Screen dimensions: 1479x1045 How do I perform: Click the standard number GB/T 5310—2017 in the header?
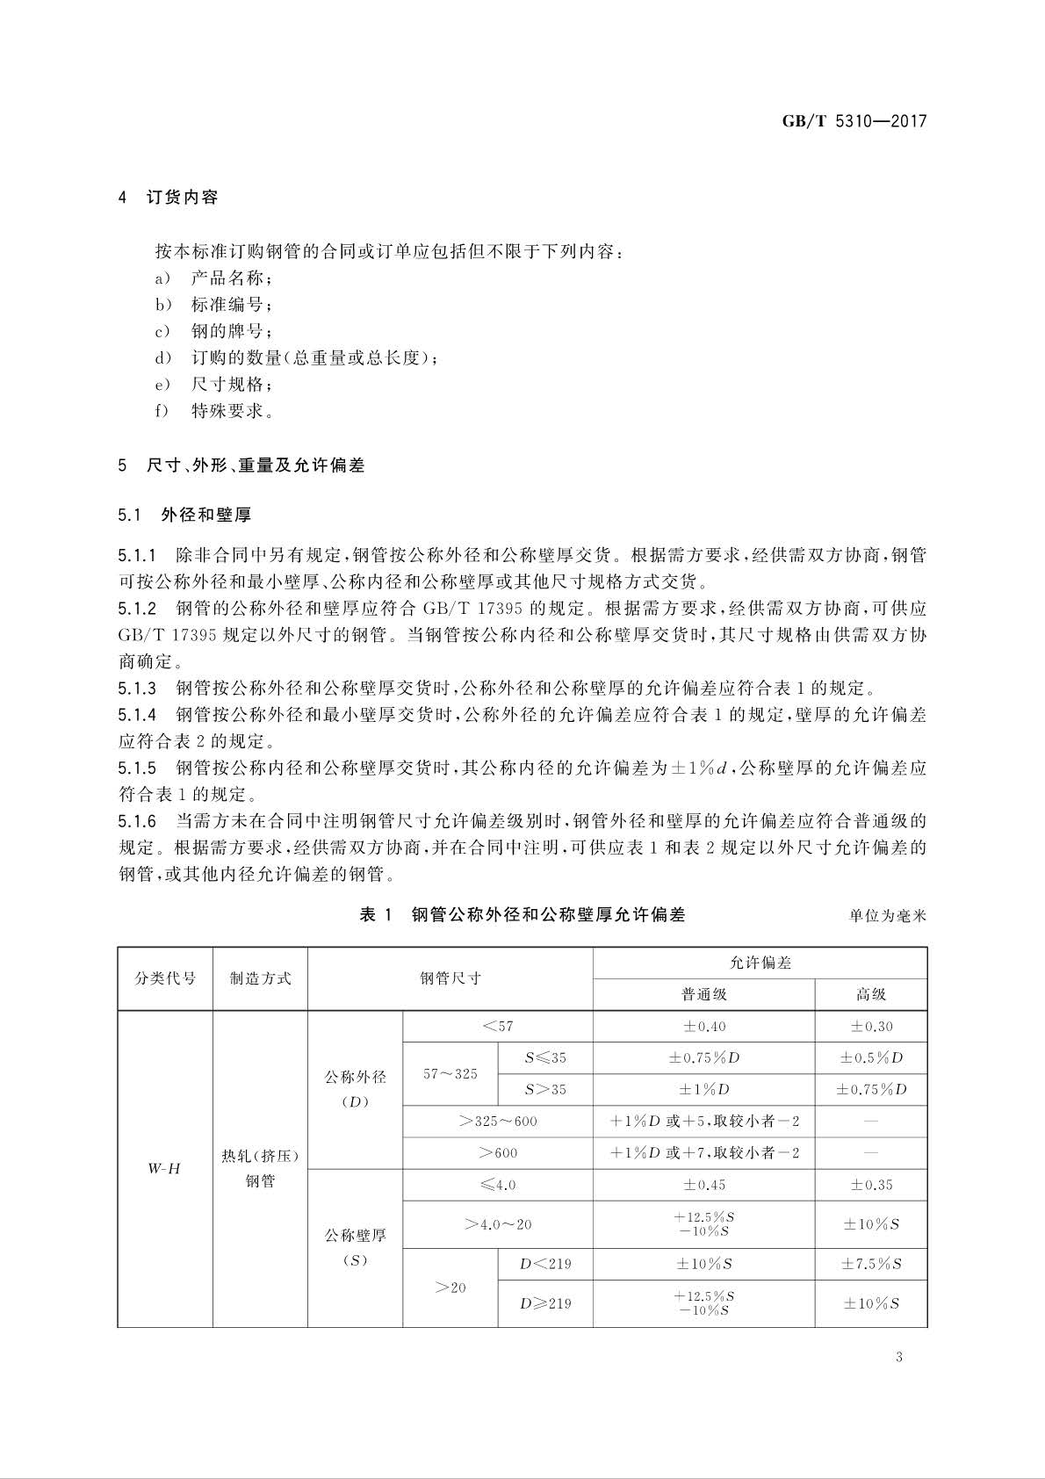[854, 121]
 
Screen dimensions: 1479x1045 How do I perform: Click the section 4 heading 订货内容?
[182, 198]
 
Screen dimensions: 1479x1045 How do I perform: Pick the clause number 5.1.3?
[137, 688]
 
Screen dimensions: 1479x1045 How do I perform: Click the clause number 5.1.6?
[137, 821]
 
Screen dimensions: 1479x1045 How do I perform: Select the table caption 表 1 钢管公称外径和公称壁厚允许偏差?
[522, 914]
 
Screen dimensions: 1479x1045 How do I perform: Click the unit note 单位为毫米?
[887, 916]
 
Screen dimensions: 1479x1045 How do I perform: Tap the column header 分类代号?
[165, 978]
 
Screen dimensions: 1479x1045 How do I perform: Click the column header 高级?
[870, 994]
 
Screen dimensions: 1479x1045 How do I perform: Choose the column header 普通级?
[703, 994]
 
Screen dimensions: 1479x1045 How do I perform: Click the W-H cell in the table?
[164, 1168]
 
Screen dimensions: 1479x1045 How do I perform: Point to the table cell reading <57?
[497, 1026]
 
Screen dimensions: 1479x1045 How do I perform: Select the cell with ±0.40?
[703, 1026]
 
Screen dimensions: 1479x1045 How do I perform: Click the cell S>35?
[544, 1089]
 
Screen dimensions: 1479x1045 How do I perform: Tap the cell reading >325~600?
[497, 1121]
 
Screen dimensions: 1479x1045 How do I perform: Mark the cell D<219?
[544, 1264]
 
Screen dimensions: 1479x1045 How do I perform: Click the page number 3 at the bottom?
[898, 1357]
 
